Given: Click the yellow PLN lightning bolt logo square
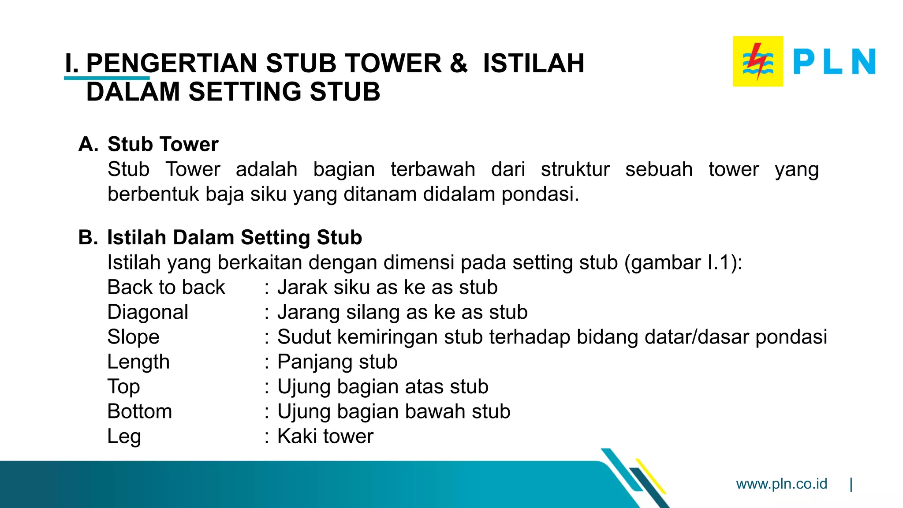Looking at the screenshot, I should tap(758, 61).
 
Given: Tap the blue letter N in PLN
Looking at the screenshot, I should tap(863, 61).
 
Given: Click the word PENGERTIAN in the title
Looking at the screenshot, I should tap(172, 63).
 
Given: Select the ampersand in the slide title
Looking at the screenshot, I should tap(459, 63).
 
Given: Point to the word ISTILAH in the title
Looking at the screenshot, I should tap(534, 63).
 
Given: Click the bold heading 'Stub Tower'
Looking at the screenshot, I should tap(163, 144).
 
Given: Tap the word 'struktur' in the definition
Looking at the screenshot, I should tap(575, 169).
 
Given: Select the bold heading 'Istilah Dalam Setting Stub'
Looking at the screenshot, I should tap(235, 237).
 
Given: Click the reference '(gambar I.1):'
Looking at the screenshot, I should tap(683, 262).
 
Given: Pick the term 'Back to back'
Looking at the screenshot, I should tap(166, 288).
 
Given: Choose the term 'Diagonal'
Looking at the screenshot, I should tap(148, 312).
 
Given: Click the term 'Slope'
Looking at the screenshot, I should tap(133, 337).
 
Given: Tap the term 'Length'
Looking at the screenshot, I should tap(138, 362).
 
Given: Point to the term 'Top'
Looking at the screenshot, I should tap(123, 387).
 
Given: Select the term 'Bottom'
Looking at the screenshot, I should tap(139, 411).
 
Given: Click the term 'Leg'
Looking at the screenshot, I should tap(124, 437).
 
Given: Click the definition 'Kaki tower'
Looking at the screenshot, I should tap(325, 437).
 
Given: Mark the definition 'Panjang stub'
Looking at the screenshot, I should tap(337, 362).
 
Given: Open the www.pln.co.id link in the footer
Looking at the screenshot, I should tap(781, 484).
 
